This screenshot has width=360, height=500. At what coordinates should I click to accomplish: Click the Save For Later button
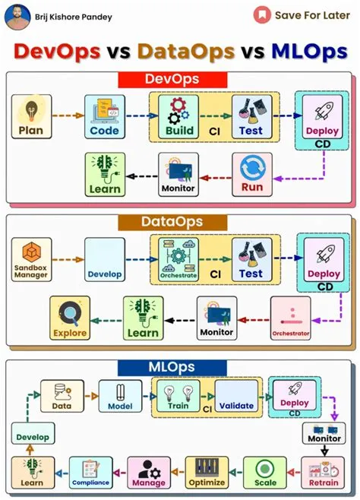coord(303,14)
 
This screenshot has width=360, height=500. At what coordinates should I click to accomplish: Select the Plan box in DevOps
coord(30,117)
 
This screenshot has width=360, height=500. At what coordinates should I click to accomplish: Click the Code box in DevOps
coord(104,117)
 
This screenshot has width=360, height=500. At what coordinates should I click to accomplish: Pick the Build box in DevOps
coord(178,117)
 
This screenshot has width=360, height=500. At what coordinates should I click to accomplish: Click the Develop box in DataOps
coord(104,260)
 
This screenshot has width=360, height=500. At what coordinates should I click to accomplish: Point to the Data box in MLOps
coord(62,397)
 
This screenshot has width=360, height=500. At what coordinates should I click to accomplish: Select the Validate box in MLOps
coord(236,397)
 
